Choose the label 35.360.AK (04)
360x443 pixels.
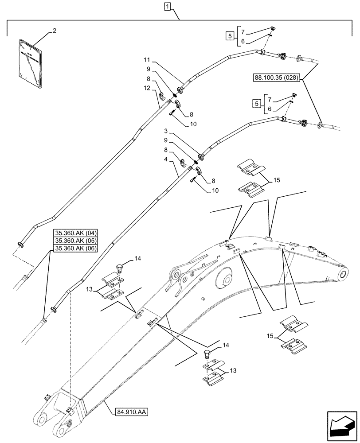77,233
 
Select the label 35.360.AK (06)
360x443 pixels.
77,249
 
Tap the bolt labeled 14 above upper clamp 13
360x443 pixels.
118,267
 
